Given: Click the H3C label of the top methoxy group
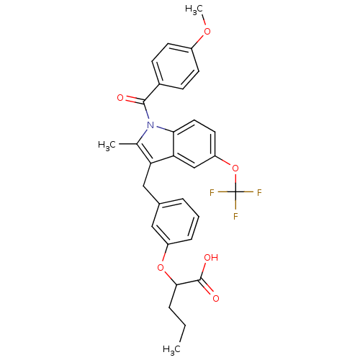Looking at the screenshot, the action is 194,10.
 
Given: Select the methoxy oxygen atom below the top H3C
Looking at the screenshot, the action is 207,31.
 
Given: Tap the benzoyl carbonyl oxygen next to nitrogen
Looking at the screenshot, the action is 120,98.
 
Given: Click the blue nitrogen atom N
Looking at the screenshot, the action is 150,125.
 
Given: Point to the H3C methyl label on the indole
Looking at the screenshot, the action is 107,145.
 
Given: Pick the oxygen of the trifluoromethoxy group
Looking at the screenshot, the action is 235,168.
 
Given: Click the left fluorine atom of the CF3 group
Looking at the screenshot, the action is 212,192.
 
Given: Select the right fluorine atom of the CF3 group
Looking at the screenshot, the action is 259,192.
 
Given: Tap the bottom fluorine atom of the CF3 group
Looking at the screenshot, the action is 235,216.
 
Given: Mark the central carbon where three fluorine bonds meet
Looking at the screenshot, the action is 235,192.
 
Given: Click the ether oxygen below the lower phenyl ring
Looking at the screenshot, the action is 161,267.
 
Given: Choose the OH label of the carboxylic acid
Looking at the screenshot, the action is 211,258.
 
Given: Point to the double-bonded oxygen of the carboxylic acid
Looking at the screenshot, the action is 216,298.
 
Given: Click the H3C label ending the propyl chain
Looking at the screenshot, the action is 171,350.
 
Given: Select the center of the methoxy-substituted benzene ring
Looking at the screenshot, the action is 176,66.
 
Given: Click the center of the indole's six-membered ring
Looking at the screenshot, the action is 194,144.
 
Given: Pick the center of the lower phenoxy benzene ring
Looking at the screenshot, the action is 176,222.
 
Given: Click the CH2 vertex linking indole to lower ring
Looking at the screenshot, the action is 143,186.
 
